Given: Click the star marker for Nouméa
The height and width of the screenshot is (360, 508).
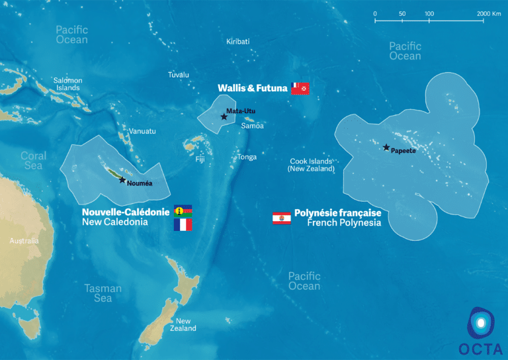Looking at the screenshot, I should [122, 180].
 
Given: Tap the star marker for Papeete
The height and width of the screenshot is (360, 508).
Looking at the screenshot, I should [386, 148].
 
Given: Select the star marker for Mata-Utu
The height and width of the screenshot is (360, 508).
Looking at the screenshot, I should [224, 116].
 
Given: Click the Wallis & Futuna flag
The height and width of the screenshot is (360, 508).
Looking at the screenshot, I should [300, 89].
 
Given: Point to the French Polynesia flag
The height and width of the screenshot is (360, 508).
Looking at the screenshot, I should [282, 218].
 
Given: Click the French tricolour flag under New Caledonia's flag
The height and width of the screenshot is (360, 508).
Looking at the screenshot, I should [183, 225].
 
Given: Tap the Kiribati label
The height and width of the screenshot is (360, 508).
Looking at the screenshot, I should [238, 41].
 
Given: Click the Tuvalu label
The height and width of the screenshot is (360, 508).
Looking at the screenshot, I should [179, 75].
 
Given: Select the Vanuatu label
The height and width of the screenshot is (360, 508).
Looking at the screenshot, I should [142, 131].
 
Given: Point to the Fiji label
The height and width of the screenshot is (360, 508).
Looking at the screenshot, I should [200, 159].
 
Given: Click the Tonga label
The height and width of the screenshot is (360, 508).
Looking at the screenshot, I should [247, 157].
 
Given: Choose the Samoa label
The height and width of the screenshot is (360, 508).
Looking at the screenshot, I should [253, 126].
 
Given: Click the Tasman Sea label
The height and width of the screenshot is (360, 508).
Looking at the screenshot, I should [103, 293].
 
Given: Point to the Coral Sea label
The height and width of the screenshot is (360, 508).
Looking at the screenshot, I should [33, 161].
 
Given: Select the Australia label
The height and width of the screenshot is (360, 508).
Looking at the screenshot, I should [24, 241].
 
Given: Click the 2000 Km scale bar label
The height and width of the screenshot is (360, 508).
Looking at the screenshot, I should [489, 13].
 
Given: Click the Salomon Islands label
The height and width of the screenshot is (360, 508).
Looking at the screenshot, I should [68, 84].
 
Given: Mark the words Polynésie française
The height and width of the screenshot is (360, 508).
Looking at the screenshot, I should [337, 213].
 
